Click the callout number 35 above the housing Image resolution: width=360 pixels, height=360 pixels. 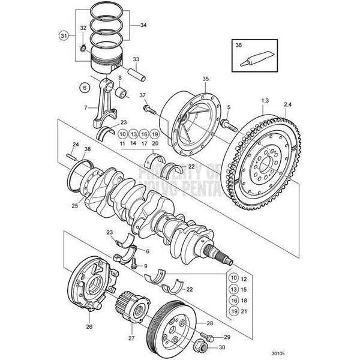205,79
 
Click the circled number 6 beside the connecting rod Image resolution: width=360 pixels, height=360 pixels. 84,87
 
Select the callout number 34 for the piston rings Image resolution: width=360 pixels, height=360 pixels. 143,26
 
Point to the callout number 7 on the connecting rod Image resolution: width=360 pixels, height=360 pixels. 86,108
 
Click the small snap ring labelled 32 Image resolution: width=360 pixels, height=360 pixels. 83,46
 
